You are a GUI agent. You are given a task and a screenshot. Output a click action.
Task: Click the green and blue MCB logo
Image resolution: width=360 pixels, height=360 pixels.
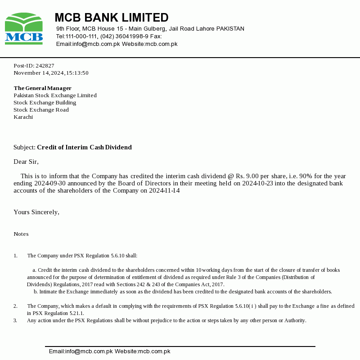pyautogui.click(x=24, y=29)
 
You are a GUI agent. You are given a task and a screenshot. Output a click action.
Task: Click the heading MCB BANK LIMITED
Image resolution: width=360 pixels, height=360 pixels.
pyautogui.click(x=111, y=18)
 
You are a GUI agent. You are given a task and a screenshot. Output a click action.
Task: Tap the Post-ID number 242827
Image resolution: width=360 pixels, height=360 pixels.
pyautogui.click(x=45, y=66)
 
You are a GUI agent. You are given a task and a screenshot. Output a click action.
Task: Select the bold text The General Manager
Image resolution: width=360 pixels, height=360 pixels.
pyautogui.click(x=42, y=88)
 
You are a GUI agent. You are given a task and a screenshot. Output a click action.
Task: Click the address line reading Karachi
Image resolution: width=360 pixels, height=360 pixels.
pyautogui.click(x=23, y=117)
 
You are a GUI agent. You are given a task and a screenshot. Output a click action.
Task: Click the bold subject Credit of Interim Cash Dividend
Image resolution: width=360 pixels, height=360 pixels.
pyautogui.click(x=84, y=147)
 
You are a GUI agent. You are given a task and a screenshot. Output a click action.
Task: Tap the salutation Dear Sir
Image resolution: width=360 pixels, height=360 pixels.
pyautogui.click(x=26, y=162)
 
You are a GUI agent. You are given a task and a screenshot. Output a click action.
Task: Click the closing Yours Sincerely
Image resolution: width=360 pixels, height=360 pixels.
pyautogui.click(x=36, y=212)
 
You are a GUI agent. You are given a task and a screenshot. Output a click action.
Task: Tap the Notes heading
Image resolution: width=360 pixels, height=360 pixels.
pyautogui.click(x=21, y=234)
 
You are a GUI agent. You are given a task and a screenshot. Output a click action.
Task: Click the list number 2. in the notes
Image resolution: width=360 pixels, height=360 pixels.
pyautogui.click(x=15, y=306)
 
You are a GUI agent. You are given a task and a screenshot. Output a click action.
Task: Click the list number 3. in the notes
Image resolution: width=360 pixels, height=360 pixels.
pyautogui.click(x=15, y=320)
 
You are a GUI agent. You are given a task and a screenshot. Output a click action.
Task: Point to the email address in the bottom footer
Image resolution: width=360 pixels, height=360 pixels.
pyautogui.click(x=81, y=351)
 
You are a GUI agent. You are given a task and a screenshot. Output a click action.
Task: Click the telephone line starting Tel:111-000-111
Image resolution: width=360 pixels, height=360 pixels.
pyautogui.click(x=109, y=36)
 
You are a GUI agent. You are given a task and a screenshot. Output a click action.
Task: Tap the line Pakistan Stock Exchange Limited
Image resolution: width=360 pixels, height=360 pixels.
pyautogui.click(x=55, y=95)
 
